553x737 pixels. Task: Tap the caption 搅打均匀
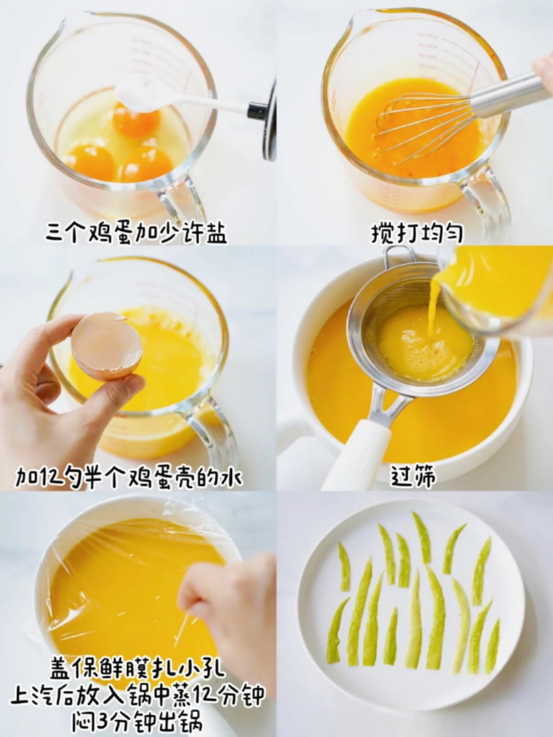click(x=417, y=234)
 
